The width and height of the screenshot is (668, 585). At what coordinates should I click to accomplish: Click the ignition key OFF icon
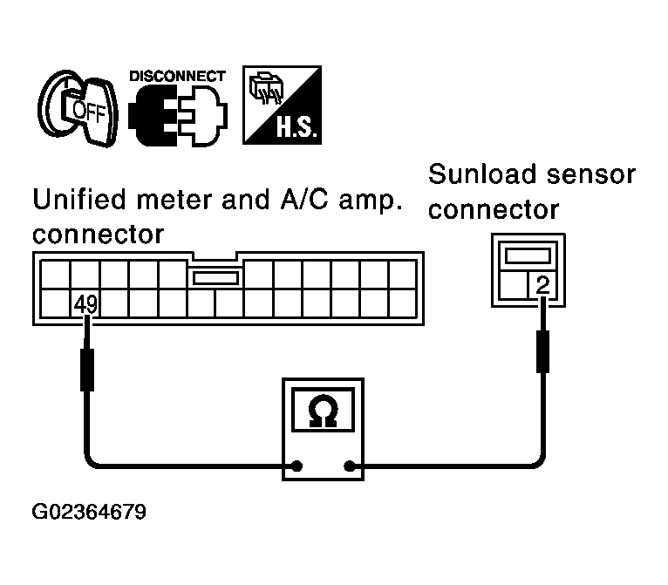click(78, 108)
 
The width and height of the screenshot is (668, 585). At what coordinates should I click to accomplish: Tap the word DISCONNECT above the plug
click(177, 76)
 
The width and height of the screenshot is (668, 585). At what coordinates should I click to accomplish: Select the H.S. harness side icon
click(282, 105)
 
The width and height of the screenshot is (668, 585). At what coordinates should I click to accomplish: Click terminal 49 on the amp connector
click(85, 304)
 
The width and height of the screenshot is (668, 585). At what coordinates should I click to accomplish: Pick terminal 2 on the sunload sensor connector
click(542, 285)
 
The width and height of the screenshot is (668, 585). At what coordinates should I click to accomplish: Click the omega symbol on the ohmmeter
click(323, 411)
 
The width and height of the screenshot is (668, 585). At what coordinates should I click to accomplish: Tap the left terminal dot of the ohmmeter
click(297, 466)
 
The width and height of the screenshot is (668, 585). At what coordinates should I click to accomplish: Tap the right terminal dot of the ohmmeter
click(350, 466)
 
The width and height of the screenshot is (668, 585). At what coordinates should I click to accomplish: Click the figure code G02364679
click(89, 512)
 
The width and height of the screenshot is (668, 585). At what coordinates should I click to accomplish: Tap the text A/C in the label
click(304, 200)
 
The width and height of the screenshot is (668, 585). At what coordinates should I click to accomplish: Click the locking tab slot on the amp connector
click(215, 278)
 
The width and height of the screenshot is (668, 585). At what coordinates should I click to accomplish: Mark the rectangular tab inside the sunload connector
click(528, 256)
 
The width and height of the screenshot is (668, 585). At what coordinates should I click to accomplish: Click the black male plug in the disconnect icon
click(153, 115)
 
